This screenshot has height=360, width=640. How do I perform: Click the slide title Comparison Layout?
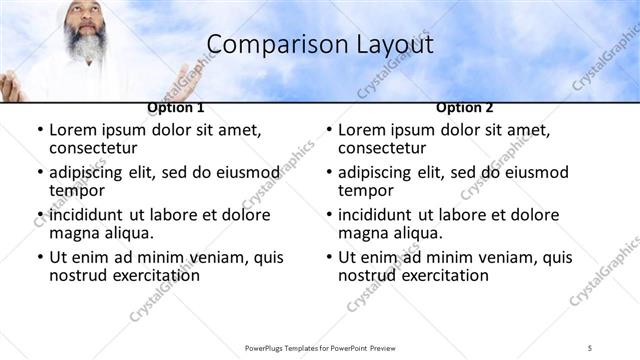[x=320, y=45]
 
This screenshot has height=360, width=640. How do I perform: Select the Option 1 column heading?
[x=176, y=107]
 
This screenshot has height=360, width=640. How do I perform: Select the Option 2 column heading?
[x=464, y=107]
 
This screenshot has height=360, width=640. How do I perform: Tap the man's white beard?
[x=84, y=44]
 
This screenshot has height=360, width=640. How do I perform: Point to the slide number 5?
[x=590, y=347]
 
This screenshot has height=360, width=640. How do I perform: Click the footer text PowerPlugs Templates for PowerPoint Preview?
[x=320, y=347]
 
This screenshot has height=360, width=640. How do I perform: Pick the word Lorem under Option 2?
[x=361, y=130]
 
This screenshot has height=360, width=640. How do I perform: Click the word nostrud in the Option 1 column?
[x=75, y=275]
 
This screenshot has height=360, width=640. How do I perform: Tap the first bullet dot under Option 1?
[x=39, y=131]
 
